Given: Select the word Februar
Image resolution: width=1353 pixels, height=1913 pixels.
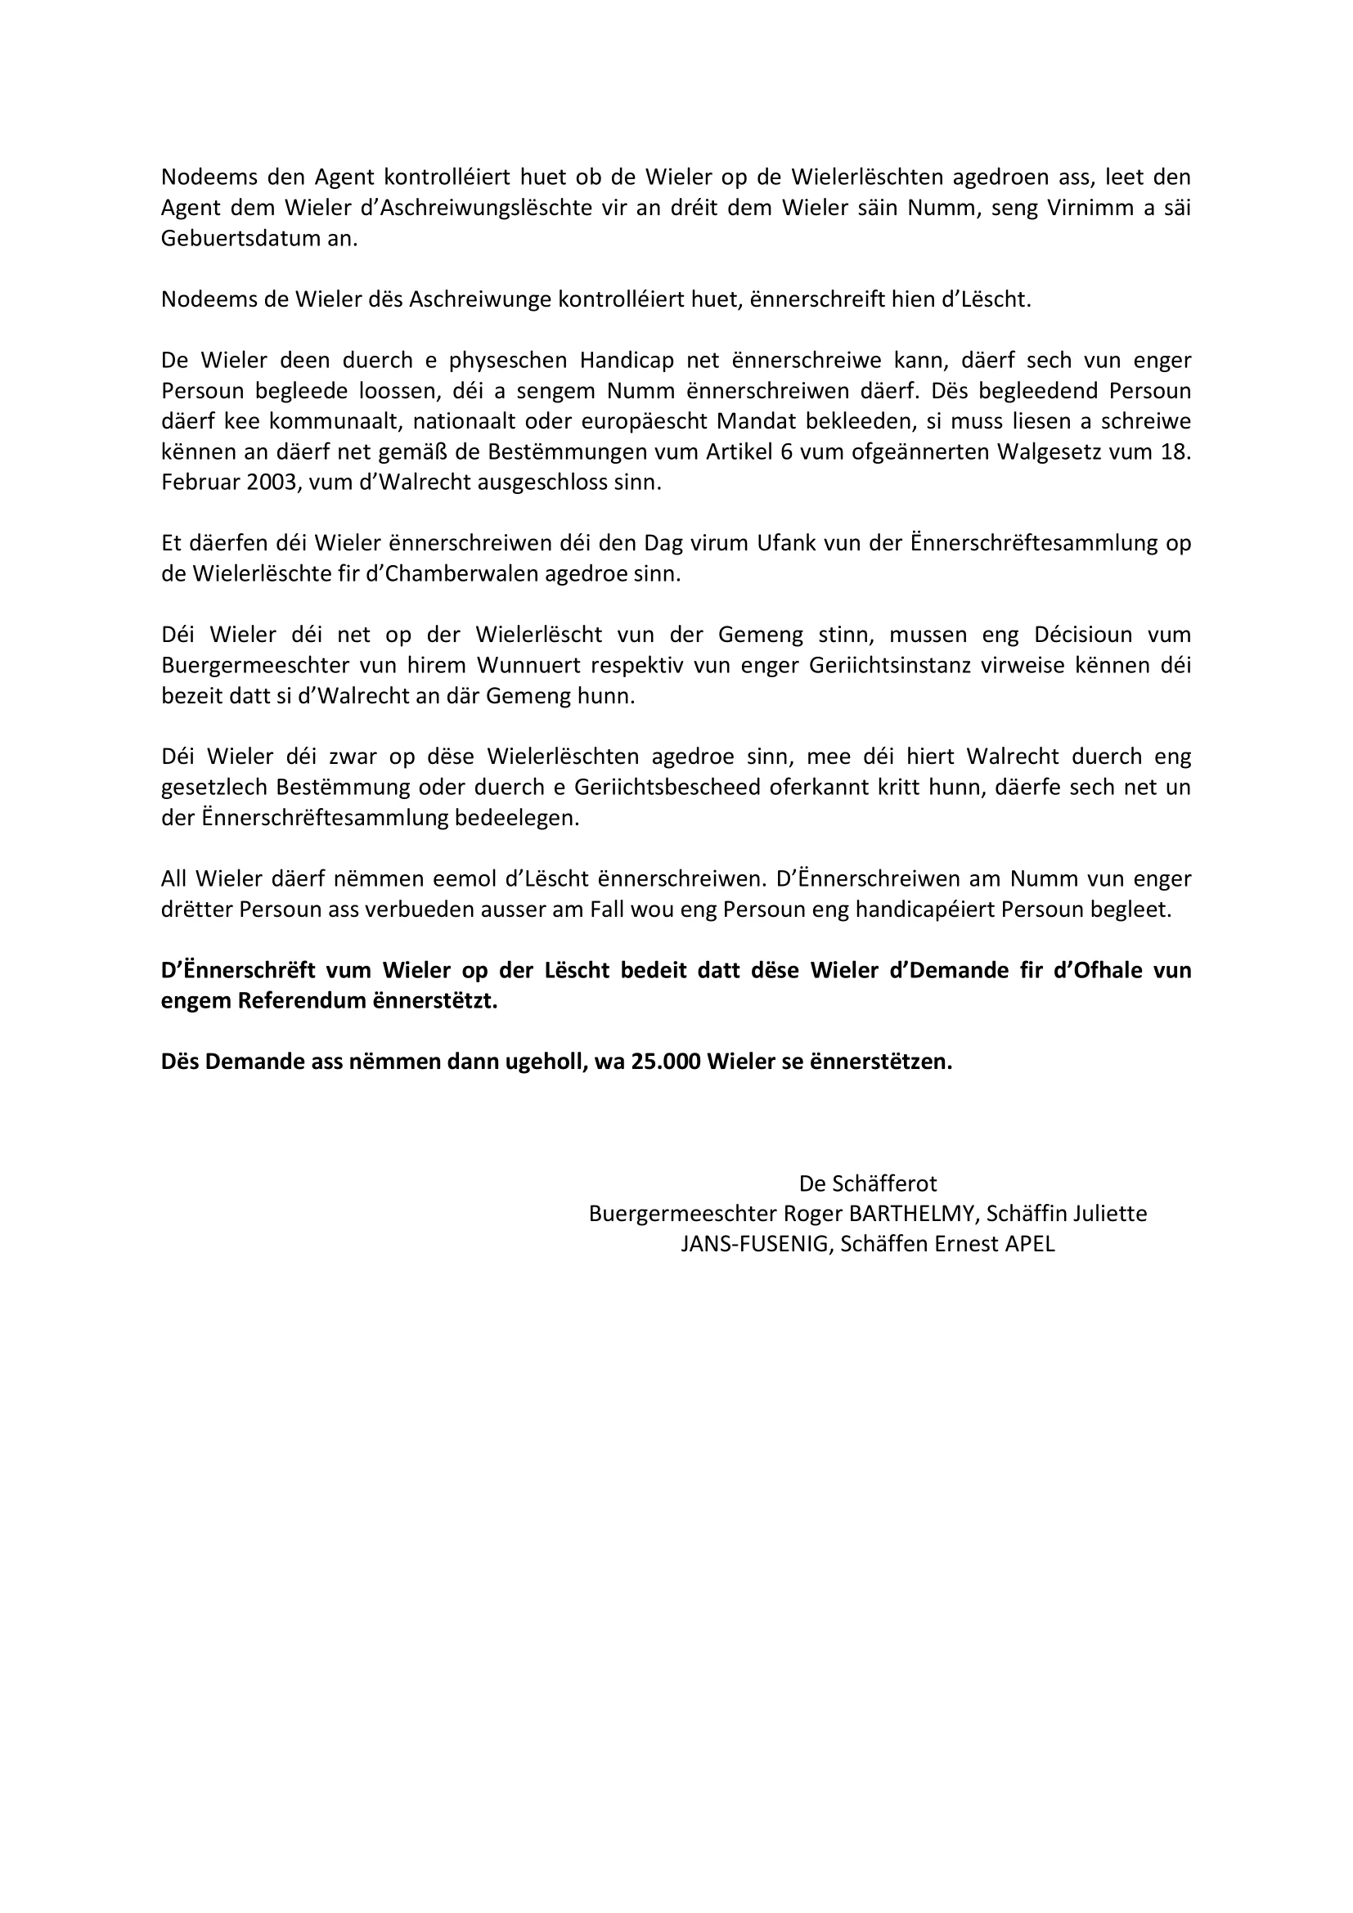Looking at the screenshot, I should [x=199, y=483].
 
